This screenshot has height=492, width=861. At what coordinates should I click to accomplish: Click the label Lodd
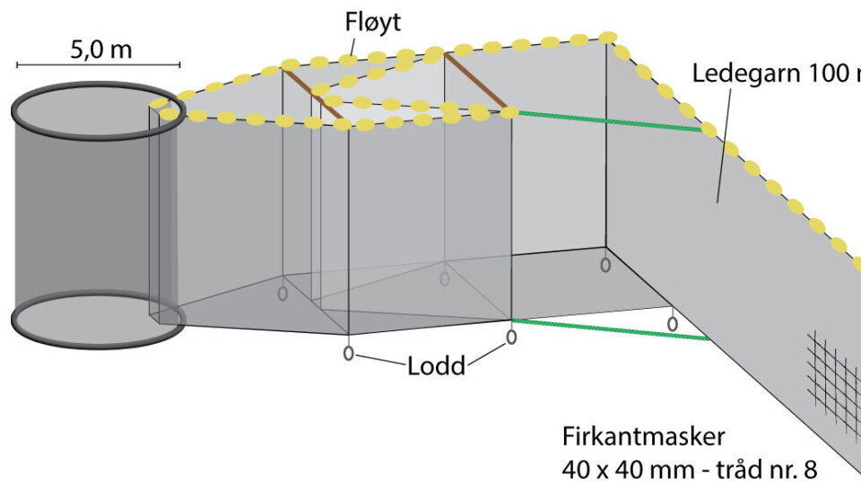436,366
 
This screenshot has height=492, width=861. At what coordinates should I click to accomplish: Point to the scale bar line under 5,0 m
98,65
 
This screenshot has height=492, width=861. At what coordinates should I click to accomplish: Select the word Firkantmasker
642,437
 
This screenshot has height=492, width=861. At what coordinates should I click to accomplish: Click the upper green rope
610,121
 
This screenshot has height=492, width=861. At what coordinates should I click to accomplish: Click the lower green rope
610,329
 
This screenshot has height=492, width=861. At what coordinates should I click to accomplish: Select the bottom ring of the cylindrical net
97,319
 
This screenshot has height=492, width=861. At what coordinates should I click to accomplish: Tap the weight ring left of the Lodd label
349,352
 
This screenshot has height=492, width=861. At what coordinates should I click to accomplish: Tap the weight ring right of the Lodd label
511,337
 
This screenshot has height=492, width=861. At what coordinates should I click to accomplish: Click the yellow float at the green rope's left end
509,113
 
